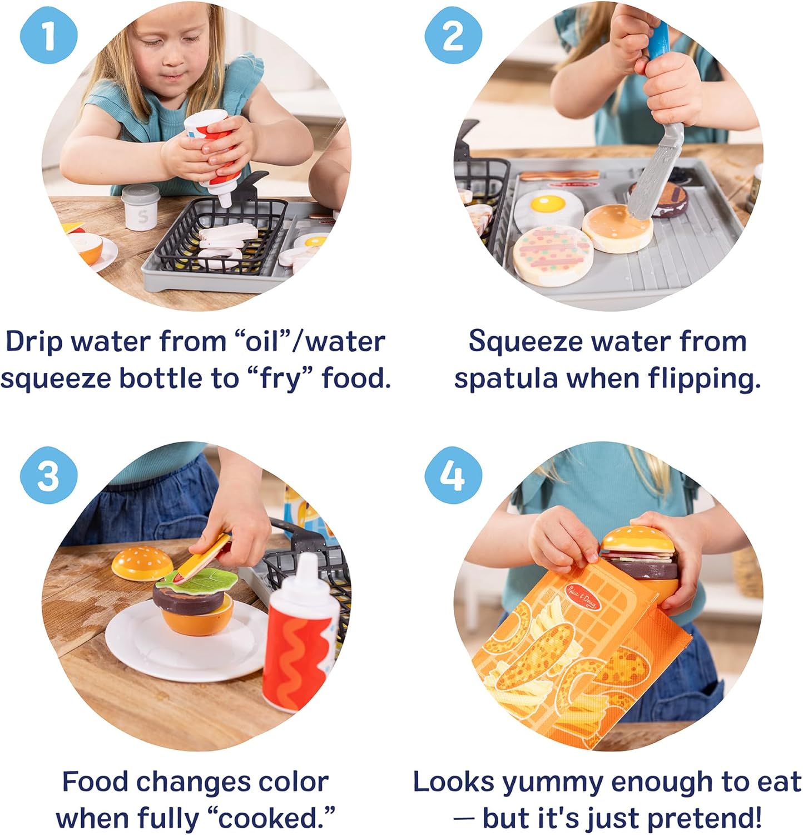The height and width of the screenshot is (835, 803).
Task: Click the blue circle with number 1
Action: click(x=49, y=37)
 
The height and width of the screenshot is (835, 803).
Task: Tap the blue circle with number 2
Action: click(x=452, y=37)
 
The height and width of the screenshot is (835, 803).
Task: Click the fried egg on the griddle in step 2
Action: click(x=548, y=206)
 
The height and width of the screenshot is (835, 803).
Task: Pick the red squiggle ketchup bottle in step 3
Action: click(x=300, y=640)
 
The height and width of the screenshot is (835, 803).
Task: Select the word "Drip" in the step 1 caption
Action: click(x=33, y=341)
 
